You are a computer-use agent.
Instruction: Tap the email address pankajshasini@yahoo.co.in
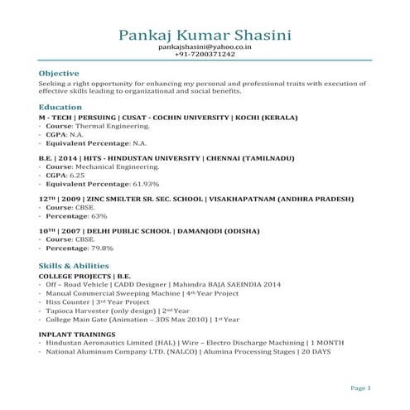tap(205, 48)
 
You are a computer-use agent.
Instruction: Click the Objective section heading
tap(59, 73)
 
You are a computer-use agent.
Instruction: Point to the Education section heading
tap(60, 108)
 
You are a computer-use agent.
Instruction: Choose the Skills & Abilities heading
tap(73, 265)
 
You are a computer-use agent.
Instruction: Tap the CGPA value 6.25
tap(77, 176)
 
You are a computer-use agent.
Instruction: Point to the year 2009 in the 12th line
tap(71, 200)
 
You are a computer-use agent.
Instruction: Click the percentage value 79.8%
tap(102, 248)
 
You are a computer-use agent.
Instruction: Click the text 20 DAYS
tap(315, 351)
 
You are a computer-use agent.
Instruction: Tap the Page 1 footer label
tap(360, 388)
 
